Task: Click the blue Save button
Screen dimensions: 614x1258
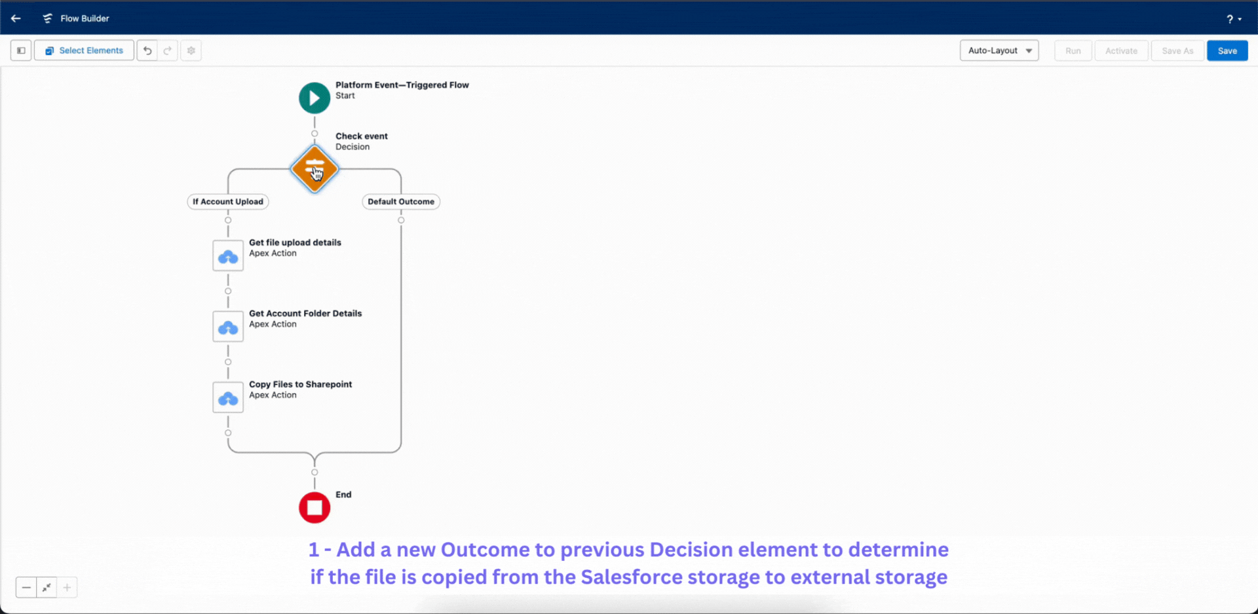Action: click(1227, 50)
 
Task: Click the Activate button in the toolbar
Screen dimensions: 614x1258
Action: click(1120, 50)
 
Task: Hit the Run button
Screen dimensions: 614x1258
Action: click(1073, 50)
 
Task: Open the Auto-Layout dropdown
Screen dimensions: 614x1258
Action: click(999, 50)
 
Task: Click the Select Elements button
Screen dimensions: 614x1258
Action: click(84, 50)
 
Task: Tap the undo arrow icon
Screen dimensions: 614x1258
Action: click(147, 50)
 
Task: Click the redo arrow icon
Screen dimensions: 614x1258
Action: click(168, 50)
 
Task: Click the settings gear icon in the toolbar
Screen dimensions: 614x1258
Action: click(191, 50)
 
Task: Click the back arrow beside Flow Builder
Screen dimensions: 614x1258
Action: click(16, 18)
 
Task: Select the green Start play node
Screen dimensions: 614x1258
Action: click(314, 98)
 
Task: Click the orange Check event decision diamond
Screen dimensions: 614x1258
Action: click(314, 169)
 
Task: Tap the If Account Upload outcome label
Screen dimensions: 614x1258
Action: click(227, 202)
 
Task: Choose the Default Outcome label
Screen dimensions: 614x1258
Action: click(400, 202)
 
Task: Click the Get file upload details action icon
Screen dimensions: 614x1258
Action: click(228, 256)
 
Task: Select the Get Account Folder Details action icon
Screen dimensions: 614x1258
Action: click(228, 326)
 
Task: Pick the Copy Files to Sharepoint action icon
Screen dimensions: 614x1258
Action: click(228, 397)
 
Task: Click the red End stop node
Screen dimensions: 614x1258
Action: click(314, 508)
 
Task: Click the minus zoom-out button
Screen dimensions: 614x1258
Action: click(26, 587)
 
